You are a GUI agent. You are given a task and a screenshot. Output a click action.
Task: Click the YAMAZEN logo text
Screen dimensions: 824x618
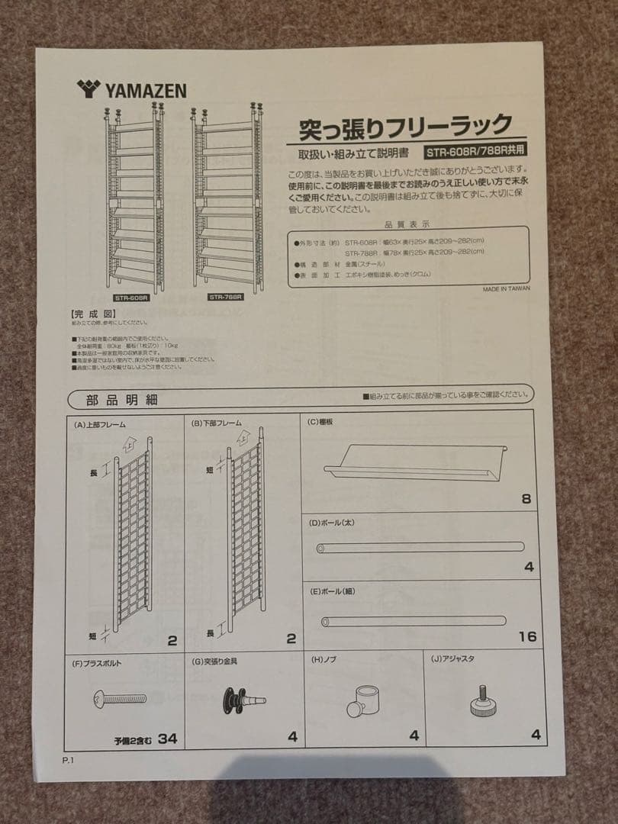[131, 91]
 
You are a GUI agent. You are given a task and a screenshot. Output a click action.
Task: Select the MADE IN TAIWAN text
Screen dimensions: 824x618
[506, 289]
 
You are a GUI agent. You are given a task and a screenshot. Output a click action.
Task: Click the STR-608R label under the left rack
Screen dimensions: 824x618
[130, 298]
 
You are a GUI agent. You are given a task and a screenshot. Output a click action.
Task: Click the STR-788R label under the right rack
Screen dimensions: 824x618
[225, 298]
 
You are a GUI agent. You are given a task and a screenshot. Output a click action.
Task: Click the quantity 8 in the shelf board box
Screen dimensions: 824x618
[526, 500]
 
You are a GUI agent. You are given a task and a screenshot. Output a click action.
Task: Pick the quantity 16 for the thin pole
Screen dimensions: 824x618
[526, 636]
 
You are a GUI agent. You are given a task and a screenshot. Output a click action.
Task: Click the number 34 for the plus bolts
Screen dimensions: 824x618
[168, 739]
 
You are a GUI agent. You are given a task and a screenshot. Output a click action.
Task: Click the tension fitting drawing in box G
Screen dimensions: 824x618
[243, 700]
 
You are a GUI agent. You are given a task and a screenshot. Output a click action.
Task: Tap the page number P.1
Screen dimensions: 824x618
[70, 760]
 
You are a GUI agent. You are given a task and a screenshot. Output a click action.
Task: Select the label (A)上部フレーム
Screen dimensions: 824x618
[100, 424]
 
